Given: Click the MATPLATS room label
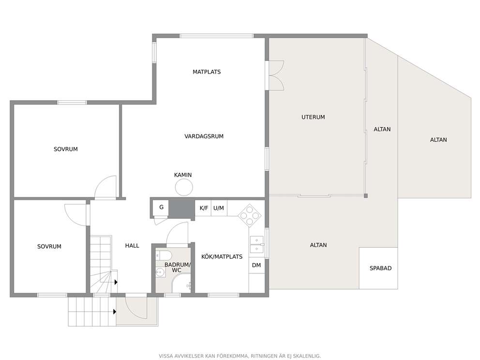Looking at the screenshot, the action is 207,72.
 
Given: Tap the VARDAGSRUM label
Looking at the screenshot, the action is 204,136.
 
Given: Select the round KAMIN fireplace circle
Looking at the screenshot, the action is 184,187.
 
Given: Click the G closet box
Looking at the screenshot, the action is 161,208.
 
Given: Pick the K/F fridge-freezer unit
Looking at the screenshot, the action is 204,208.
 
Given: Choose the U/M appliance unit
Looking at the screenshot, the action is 219,208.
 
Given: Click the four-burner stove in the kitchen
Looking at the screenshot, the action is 250,215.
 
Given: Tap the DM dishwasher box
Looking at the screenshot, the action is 256,266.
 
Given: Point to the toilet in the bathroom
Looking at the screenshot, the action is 161,255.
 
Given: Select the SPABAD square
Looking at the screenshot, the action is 378,268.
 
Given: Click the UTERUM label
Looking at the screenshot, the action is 313,117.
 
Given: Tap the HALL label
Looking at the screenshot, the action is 132,246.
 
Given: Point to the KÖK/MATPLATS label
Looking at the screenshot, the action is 222,257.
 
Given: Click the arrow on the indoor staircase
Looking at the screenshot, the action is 116,282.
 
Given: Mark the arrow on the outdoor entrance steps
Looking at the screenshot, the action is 115,312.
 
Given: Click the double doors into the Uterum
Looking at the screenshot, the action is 276,75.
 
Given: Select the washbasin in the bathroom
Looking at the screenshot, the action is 160,272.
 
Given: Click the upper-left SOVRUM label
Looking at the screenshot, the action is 66,150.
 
